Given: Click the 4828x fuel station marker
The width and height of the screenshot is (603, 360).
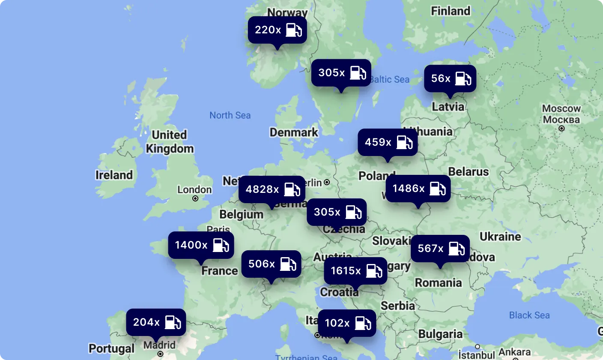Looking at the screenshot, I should coord(272,189).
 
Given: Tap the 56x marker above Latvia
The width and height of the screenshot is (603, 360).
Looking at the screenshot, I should coord(450,78).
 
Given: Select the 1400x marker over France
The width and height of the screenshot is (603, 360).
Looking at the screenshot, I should coord(201,245).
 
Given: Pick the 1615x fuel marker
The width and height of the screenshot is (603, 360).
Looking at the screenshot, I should coord(355,270).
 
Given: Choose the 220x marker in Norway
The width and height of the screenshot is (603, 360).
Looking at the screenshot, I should coord(277,30).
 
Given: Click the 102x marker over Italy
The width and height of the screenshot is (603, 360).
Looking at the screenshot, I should coord(347,323).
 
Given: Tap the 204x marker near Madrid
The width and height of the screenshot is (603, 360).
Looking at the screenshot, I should coord(156,322).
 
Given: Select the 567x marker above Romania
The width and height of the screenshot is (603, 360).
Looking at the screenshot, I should coord(440,248).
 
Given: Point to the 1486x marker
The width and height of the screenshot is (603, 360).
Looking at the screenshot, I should coord(418,188).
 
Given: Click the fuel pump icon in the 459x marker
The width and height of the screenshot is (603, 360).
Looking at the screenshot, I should coord(404,142).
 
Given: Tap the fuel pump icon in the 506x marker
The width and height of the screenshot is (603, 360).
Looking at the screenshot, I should coord(288,264).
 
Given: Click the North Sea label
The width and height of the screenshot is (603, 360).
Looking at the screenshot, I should coord(230,115).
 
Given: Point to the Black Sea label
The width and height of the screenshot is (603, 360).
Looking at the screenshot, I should coord(529,315).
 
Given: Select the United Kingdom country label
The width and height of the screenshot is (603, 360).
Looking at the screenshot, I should coord(170,142).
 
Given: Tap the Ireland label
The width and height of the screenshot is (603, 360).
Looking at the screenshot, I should coord(114,175).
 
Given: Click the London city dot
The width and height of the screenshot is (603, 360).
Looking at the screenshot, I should coord(195,198).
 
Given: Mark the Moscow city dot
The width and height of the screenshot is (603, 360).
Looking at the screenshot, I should coord(561,128).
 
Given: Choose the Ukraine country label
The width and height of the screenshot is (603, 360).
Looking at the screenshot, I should coord(500,237).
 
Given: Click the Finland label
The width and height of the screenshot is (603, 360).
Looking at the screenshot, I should coord(451,11).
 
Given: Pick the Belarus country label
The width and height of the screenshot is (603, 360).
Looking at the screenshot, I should coord(469,172).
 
